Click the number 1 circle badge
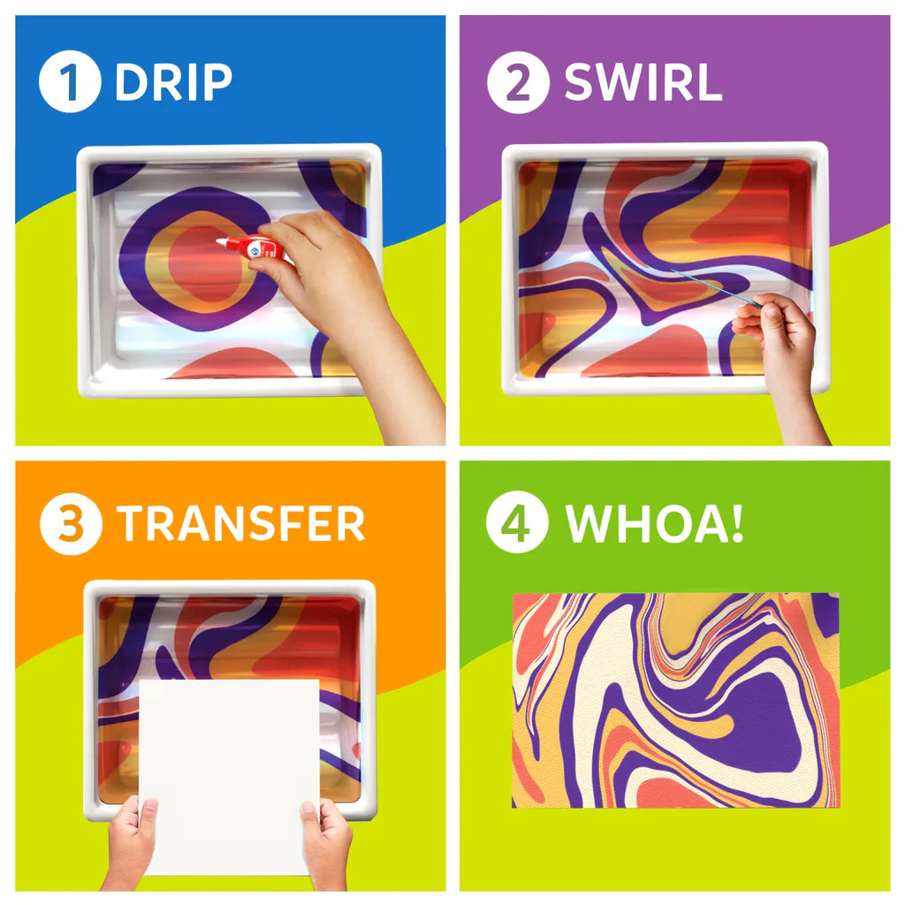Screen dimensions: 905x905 click(70, 82)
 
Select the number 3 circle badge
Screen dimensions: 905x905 click(70, 524)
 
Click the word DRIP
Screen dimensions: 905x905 click(173, 83)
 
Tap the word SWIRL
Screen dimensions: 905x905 click(643, 83)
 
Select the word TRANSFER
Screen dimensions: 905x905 click(240, 524)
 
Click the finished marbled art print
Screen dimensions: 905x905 click(675, 700)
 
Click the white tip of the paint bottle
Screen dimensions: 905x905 click(221, 240)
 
